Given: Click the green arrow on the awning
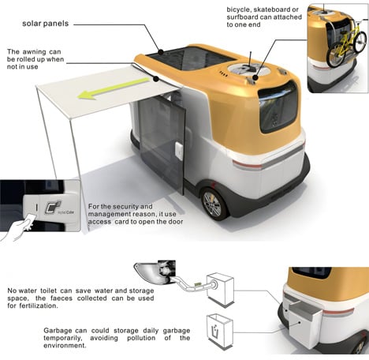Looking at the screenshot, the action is point(113,88).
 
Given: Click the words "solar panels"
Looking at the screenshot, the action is point(46,24).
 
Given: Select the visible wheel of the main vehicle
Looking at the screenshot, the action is point(214,204).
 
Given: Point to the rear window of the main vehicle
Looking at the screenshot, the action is point(279,107).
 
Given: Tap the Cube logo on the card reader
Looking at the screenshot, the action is point(53,207).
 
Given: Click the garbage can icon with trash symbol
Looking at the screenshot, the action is point(220,331).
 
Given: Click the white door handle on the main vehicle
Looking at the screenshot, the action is point(179,151).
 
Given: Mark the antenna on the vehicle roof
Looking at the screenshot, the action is point(251,59).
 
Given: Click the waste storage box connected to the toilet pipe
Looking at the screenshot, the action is point(220,289).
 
